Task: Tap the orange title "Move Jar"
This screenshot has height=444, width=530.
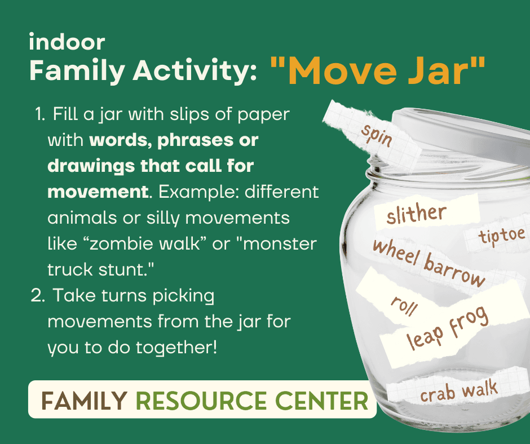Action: point(378,71)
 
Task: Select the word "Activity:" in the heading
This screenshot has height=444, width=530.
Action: point(195,70)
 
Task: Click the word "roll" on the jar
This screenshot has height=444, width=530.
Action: point(404,306)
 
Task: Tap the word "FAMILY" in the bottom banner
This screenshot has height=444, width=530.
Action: point(84,401)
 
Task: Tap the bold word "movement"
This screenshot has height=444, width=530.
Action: point(98,192)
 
